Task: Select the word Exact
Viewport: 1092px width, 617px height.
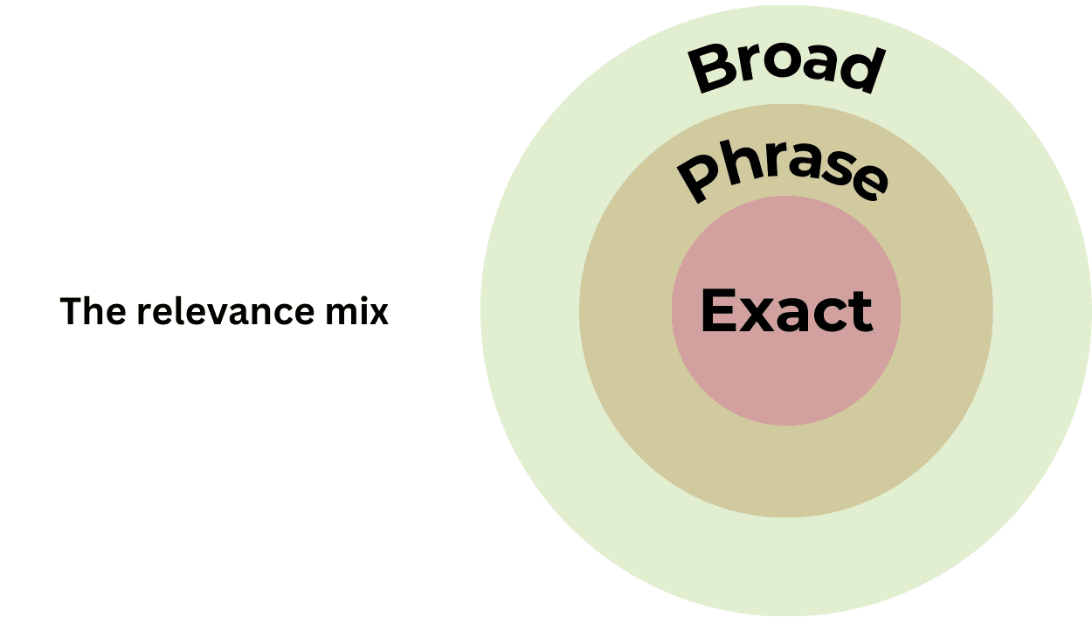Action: (786, 310)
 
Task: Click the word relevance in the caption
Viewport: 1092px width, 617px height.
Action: (225, 312)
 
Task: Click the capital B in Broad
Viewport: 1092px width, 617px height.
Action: (711, 70)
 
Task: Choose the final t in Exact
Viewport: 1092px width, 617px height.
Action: (860, 312)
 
